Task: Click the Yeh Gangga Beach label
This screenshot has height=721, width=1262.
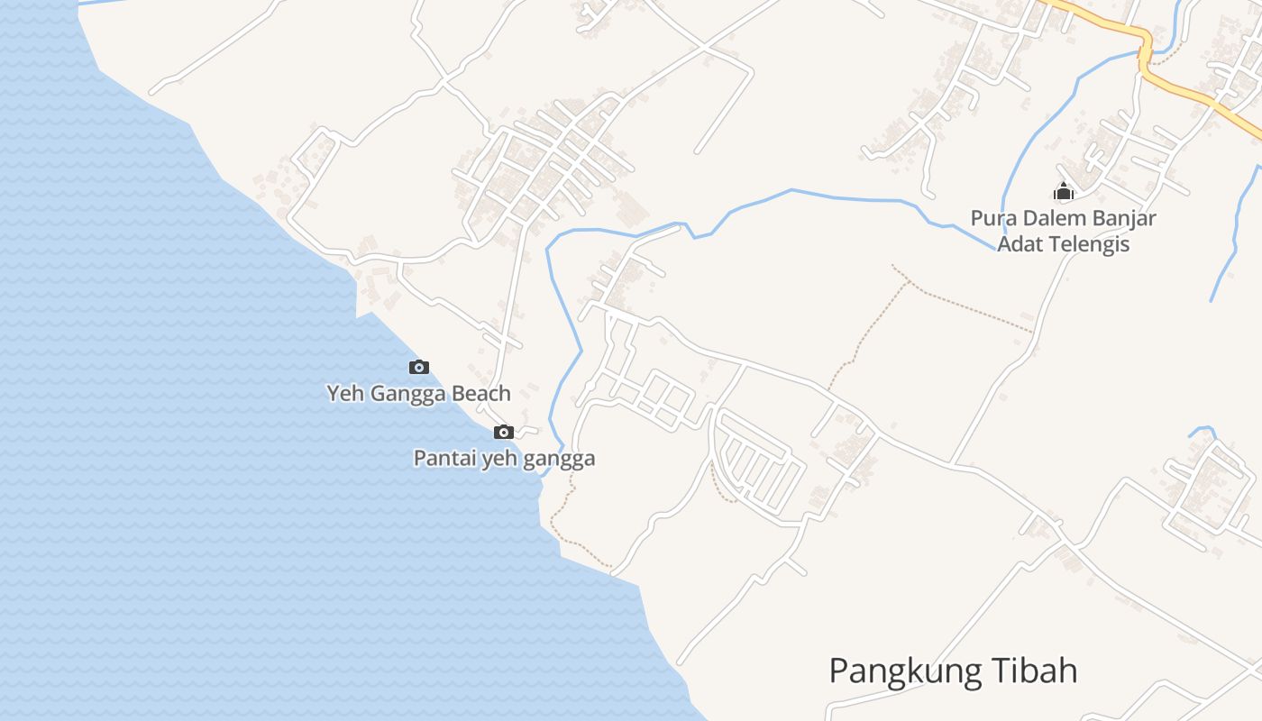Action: point(418,393)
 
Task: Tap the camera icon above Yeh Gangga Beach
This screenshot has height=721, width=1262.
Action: point(418,367)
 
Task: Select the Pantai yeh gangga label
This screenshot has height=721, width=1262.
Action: point(504,458)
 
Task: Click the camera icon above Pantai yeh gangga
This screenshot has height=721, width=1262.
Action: point(504,432)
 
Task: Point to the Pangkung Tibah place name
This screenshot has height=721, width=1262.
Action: point(953,671)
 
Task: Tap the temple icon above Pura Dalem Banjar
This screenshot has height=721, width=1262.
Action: point(1064,191)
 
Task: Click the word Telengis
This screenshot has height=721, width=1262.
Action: point(1084,243)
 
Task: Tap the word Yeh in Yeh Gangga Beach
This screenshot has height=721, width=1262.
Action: point(342,393)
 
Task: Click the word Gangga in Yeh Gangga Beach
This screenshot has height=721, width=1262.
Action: point(403,393)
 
